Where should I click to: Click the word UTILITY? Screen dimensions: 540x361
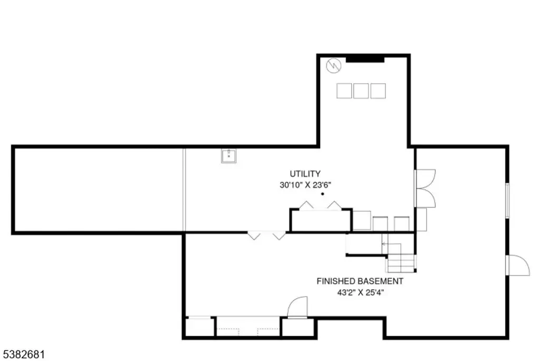pos(305,174)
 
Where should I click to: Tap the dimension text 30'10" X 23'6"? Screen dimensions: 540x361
pos(305,185)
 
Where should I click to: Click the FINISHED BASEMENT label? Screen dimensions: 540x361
pos(360,281)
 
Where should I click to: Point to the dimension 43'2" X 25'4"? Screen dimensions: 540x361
pos(360,293)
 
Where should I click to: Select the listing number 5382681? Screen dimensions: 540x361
pos(24,355)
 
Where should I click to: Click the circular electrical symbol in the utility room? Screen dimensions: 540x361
pos(334,65)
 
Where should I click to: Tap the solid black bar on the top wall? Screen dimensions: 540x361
pos(365,59)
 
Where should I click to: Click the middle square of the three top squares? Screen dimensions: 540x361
pos(361,91)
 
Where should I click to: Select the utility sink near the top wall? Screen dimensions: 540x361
pos(229,156)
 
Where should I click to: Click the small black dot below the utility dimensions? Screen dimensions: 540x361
pos(323,194)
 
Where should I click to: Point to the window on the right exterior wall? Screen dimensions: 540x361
pos(507,201)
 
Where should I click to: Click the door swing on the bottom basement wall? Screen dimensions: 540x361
pos(297,307)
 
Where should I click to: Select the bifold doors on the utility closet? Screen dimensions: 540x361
pos(320,206)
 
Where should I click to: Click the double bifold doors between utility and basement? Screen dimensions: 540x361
pos(266,236)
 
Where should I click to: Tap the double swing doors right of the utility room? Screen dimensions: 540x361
pos(426,188)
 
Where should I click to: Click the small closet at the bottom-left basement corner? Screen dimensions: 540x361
pos(200,327)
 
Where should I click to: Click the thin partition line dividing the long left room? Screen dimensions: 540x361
pos(184,189)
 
